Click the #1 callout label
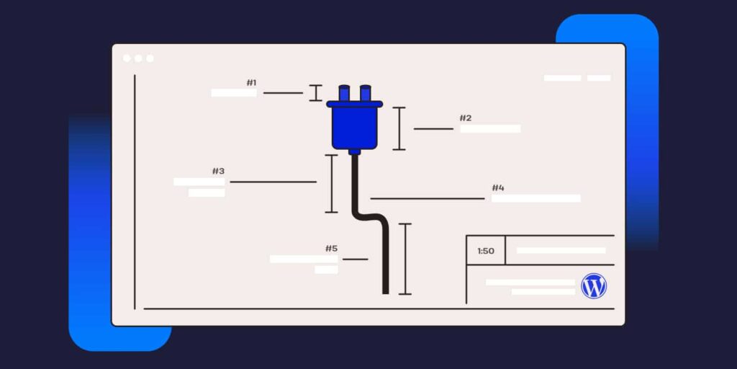(251, 83)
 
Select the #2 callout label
(466, 118)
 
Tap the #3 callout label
(218, 172)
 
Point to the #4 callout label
(498, 188)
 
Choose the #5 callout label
(331, 249)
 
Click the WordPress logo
(594, 286)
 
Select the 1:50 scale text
(486, 251)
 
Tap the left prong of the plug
(343, 93)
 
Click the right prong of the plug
(365, 93)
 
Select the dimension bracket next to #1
(315, 93)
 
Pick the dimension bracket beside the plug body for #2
(399, 128)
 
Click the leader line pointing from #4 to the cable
(428, 198)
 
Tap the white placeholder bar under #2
(490, 129)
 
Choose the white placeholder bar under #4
(535, 198)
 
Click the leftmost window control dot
(127, 58)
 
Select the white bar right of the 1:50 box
(561, 251)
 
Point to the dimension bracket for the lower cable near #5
(405, 259)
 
